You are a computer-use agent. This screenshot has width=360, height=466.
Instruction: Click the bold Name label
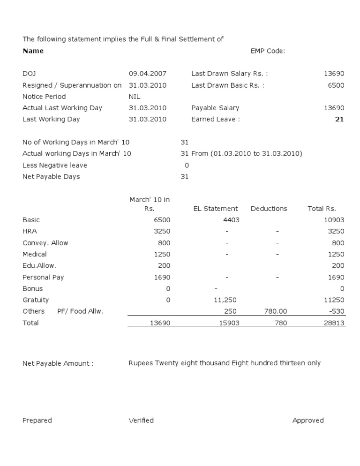[33, 51]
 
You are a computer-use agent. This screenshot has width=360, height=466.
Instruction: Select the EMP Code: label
[268, 51]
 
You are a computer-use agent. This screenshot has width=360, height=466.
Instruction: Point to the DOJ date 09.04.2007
[147, 74]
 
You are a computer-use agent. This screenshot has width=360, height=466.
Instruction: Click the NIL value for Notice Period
[135, 97]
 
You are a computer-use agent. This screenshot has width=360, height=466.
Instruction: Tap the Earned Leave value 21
[339, 120]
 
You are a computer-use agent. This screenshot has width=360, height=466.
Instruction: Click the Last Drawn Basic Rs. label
[227, 85]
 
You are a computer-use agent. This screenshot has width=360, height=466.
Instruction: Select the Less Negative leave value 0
[187, 165]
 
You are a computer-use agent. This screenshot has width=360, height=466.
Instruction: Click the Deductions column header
[269, 209]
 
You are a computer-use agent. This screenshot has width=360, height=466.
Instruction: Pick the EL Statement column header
[216, 209]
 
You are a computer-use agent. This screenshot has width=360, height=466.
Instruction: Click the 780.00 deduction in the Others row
[276, 311]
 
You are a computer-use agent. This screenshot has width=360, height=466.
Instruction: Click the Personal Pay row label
[43, 278]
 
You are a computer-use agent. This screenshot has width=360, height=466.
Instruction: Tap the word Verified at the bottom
[141, 421]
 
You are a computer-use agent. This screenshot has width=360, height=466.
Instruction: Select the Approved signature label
[308, 421]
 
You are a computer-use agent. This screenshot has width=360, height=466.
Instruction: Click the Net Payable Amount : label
[58, 364]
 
